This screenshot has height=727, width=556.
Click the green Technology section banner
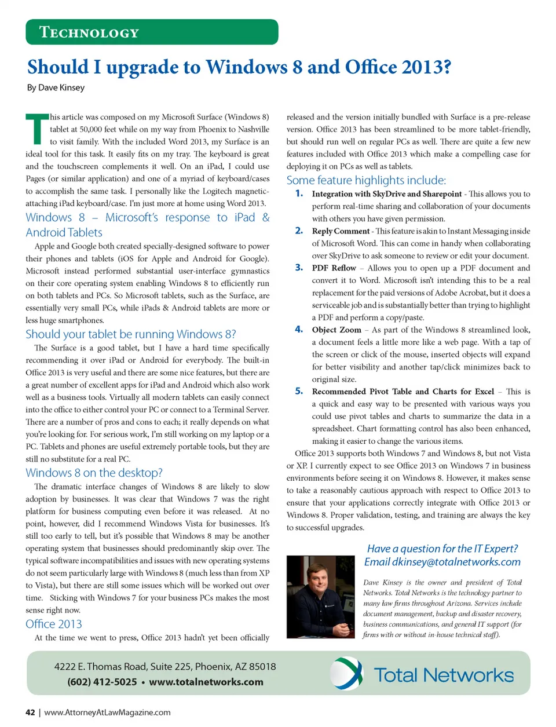tap(152, 32)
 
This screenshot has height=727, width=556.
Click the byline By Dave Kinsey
tap(56, 87)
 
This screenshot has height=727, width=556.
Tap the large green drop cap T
tap(36, 129)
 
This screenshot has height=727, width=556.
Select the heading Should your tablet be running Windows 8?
tap(130, 334)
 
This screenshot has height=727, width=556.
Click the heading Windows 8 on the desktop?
tap(94, 473)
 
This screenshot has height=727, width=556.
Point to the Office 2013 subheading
tap(54, 624)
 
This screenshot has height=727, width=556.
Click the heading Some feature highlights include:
tap(366, 180)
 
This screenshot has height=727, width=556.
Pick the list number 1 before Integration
tap(299, 193)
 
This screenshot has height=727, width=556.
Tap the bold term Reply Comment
tap(341, 231)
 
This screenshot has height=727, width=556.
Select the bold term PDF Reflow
tap(334, 268)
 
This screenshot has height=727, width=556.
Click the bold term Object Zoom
tap(336, 330)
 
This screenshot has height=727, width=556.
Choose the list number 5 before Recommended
tap(299, 391)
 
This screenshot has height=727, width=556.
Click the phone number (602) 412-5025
tap(102, 682)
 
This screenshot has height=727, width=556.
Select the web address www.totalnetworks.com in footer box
tap(206, 682)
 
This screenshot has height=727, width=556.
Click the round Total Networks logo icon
tap(347, 673)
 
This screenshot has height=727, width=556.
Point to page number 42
tap(30, 713)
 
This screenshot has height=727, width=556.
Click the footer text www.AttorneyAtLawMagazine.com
tap(107, 713)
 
